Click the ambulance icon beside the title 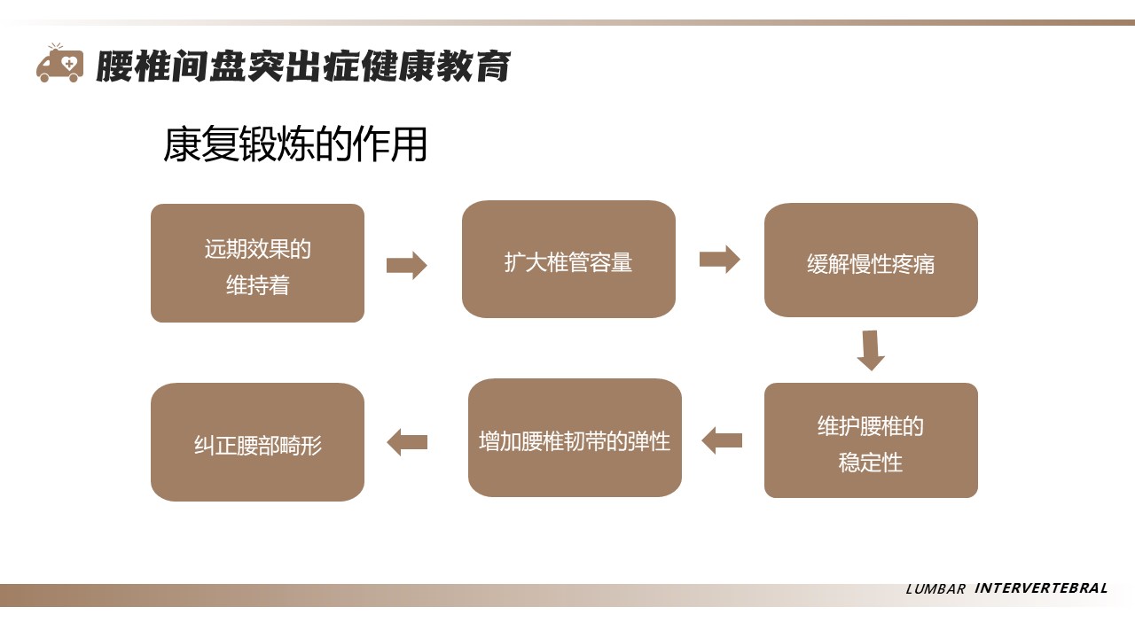pos(59,65)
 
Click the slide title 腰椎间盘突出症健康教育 pos(302,66)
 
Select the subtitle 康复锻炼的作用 pos(295,144)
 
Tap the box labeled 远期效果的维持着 pos(257,263)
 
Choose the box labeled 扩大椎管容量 pos(568,259)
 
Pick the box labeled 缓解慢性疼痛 pos(871,260)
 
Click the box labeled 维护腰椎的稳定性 pos(871,440)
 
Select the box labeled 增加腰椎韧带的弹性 pos(575,438)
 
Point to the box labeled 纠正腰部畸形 pos(257,442)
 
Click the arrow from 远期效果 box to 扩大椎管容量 pos(407,265)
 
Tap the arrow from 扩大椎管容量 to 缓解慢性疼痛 pos(719,259)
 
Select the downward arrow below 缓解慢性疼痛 pos(871,350)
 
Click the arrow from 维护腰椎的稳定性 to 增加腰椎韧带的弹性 pos(722,440)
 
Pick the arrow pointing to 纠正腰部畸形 pos(407,442)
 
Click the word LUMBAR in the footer pos(935,589)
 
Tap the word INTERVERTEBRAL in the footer pos(1041,588)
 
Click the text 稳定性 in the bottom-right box pos(871,463)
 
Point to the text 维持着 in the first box pos(257,286)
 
